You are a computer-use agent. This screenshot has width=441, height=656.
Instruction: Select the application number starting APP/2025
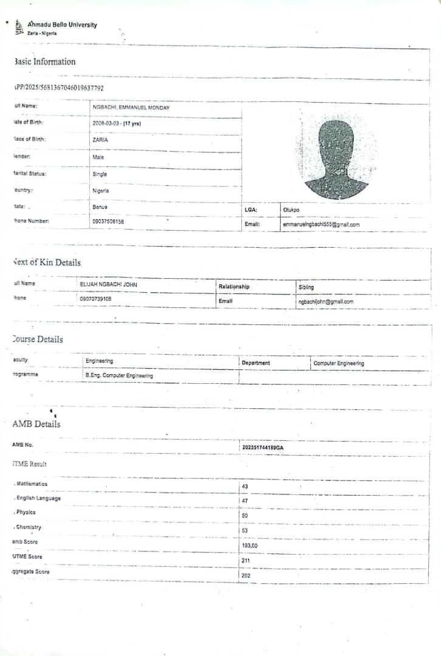click(x=59, y=87)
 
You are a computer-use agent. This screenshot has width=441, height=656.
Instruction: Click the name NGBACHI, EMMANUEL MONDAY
click(x=131, y=108)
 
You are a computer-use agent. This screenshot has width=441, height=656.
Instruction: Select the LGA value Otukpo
click(x=291, y=210)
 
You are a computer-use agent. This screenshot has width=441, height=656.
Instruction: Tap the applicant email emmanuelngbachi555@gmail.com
click(x=321, y=225)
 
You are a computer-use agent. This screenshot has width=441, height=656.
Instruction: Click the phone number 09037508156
click(x=108, y=222)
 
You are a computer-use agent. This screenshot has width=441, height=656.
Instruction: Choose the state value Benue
click(x=100, y=207)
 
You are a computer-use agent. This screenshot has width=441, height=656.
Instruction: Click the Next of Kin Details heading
click(x=47, y=262)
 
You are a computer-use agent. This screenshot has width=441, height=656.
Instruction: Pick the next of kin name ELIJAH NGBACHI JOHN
click(x=108, y=284)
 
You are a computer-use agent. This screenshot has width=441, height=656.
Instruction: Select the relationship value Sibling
click(x=306, y=287)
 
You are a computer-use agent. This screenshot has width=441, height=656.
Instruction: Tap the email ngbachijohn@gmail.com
click(x=326, y=301)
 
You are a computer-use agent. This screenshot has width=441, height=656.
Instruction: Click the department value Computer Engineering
click(x=338, y=363)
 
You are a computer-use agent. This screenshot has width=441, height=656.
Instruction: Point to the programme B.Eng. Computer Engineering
click(x=119, y=375)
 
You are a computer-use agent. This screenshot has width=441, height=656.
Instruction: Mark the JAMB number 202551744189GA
click(x=263, y=447)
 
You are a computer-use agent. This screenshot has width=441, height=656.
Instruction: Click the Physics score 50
click(x=245, y=515)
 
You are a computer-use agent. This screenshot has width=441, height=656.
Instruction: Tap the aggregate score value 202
click(x=246, y=575)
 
